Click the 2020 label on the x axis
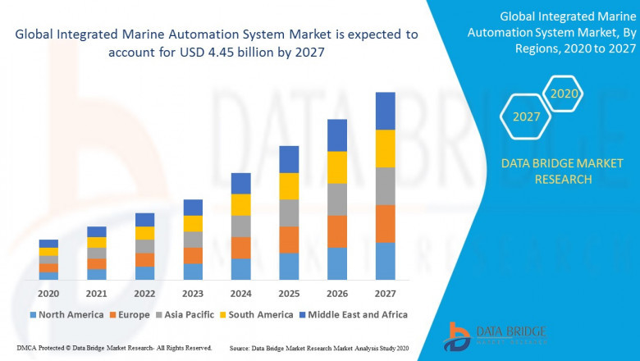click(48, 294)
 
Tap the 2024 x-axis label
click(240, 294)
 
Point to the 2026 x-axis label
click(336, 294)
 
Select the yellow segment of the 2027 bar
click(385, 149)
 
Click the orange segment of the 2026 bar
click(336, 231)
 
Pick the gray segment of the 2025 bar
click(289, 212)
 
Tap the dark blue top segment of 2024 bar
click(240, 183)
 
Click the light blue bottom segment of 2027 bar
click(385, 261)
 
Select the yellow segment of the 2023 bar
click(193, 223)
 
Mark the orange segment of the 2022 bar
click(144, 260)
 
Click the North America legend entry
click(66, 314)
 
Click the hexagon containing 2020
click(564, 94)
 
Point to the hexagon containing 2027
click(527, 117)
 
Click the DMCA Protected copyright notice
click(115, 349)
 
